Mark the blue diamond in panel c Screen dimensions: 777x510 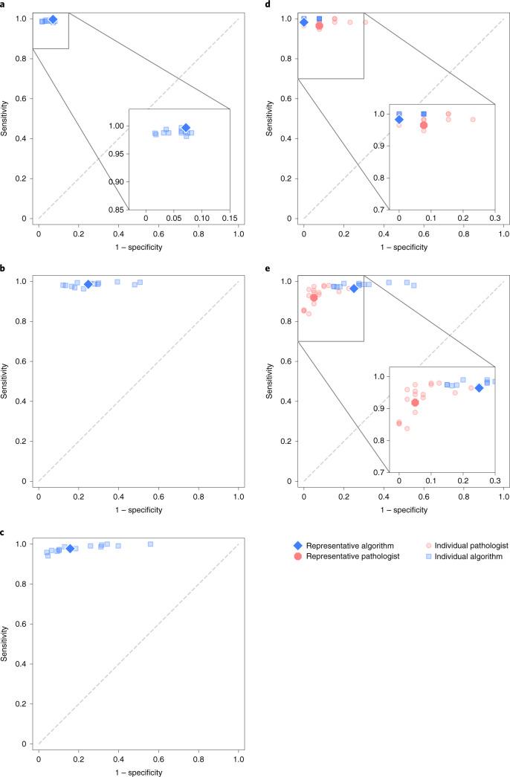(x=70, y=549)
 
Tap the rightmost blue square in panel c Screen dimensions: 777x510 (x=150, y=544)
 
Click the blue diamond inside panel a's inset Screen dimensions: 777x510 (x=186, y=128)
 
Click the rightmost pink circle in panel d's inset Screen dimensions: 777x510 (x=473, y=120)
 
